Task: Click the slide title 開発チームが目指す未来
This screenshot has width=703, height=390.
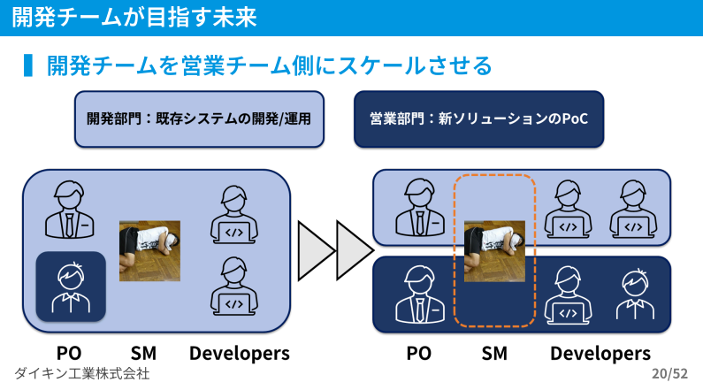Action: (134, 18)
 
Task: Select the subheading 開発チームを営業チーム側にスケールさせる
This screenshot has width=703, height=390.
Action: (270, 65)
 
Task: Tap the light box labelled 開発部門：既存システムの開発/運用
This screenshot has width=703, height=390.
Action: (199, 119)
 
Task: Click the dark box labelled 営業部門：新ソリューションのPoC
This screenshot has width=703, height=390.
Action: (478, 119)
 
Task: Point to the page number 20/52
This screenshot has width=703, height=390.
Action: (669, 373)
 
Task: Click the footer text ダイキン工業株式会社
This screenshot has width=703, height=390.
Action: (82, 373)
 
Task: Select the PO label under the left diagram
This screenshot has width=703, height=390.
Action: (69, 353)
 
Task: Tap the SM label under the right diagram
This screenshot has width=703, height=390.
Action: (494, 353)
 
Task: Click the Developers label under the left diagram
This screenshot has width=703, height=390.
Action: (240, 354)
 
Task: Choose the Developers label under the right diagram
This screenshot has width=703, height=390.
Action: (600, 354)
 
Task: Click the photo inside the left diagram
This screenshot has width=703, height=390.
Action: (149, 251)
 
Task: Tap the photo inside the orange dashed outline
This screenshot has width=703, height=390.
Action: (494, 251)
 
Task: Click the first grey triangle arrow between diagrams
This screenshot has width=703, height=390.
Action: (314, 251)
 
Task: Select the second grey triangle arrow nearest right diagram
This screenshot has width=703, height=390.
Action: (354, 251)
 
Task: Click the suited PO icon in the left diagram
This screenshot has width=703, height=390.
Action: (70, 210)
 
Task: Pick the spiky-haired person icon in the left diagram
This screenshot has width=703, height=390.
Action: (71, 287)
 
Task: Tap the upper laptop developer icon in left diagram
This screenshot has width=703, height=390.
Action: (234, 215)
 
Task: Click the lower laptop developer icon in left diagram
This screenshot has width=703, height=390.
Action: (234, 287)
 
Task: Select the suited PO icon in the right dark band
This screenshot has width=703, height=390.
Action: (420, 294)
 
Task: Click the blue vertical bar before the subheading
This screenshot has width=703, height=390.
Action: (27, 65)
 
